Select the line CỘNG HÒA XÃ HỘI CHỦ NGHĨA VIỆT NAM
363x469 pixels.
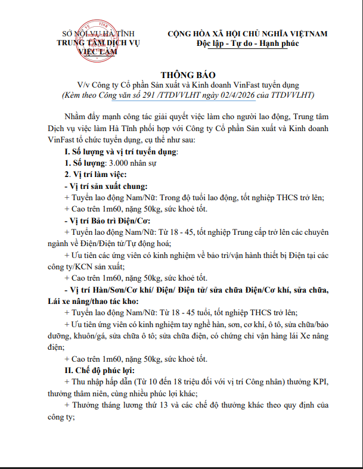pos(247,33)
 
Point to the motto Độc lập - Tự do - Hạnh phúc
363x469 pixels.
pos(247,44)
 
